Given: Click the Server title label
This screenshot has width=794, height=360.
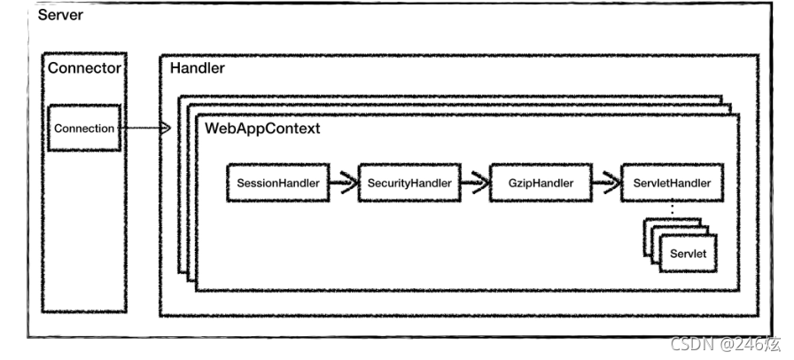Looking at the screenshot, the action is click(x=60, y=15).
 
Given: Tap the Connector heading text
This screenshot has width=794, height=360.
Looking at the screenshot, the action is click(x=84, y=68).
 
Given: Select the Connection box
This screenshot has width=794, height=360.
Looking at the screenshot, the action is click(x=84, y=128).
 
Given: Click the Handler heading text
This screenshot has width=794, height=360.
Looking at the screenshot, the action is click(x=197, y=68).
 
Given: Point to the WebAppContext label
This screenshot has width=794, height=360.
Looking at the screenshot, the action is click(x=262, y=129).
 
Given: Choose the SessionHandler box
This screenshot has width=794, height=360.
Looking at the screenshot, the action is click(x=278, y=183).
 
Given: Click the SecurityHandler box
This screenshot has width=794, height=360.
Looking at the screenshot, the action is click(x=409, y=183).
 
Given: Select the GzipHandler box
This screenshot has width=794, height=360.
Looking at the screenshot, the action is click(x=541, y=183).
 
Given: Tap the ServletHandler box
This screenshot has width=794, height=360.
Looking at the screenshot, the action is click(x=672, y=183).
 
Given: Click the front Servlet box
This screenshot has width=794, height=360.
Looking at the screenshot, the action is click(x=689, y=253).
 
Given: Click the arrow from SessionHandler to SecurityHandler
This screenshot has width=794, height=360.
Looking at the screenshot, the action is click(x=344, y=183).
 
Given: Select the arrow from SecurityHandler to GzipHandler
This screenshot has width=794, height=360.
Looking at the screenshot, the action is click(x=475, y=183).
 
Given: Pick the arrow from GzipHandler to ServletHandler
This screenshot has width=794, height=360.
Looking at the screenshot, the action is click(x=607, y=183).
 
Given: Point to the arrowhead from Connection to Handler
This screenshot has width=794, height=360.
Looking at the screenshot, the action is click(x=165, y=129).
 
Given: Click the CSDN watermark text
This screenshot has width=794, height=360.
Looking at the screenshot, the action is click(x=726, y=344).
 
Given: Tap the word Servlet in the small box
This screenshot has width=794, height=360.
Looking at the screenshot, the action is click(x=689, y=254).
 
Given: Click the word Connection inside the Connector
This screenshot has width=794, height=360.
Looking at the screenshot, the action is click(x=84, y=129).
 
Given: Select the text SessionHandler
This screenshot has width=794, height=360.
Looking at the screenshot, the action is click(x=278, y=183).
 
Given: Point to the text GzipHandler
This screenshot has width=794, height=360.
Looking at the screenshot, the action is click(x=541, y=183).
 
